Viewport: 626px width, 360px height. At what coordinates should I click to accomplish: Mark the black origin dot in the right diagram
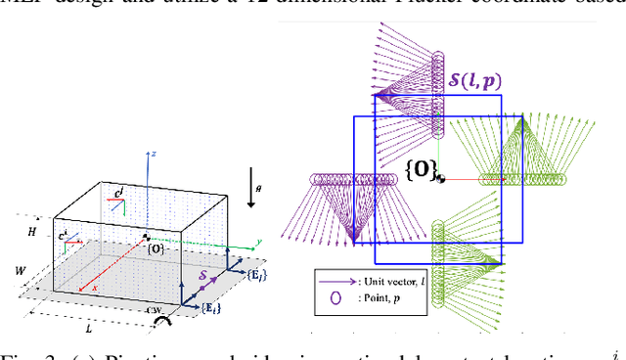[x=442, y=179]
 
